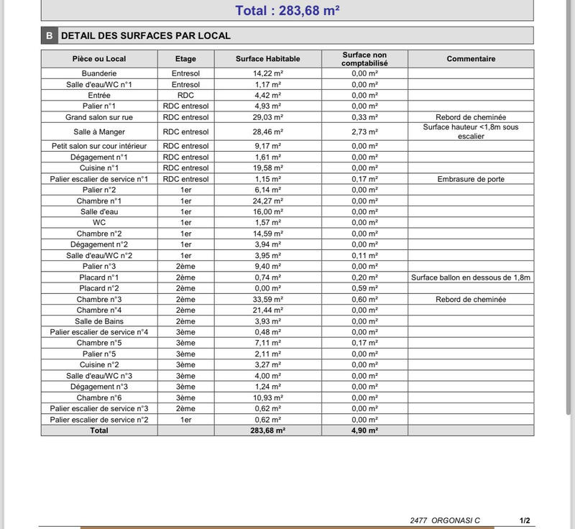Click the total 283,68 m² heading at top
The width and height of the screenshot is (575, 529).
287,10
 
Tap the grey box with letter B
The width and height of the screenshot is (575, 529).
49,35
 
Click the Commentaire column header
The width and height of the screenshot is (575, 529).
471,59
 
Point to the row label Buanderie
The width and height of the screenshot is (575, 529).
99,73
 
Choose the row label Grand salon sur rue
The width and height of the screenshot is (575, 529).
99,117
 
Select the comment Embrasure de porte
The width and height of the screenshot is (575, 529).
471,179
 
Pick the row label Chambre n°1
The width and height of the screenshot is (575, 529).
99,201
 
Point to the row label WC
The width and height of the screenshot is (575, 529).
99,223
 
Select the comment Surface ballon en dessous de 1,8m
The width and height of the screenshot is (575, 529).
471,277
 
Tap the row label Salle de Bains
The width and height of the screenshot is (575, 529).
99,321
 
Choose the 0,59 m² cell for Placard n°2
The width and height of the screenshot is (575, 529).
364,288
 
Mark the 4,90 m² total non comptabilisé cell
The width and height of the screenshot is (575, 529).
364,431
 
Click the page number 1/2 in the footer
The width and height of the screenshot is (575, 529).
525,520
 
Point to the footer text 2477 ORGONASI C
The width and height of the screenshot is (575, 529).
445,520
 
